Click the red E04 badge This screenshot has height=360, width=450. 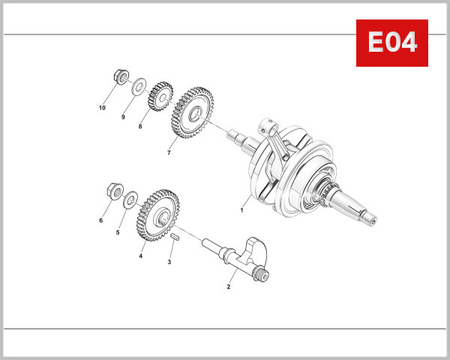pyautogui.click(x=391, y=43)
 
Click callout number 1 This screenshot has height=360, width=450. pyautogui.click(x=242, y=211)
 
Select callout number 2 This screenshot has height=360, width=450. pyautogui.click(x=229, y=286)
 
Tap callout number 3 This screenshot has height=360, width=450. pyautogui.click(x=169, y=262)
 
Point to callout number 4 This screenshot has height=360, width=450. pyautogui.click(x=140, y=256)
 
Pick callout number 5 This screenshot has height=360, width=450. pyautogui.click(x=118, y=233)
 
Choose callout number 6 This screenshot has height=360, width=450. pyautogui.click(x=100, y=220)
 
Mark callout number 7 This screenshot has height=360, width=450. pyautogui.click(x=169, y=153)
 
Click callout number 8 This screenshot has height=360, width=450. pyautogui.click(x=139, y=127)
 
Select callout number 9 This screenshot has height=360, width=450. pyautogui.click(x=123, y=117)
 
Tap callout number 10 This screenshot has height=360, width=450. pyautogui.click(x=102, y=108)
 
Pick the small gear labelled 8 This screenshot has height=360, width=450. pyautogui.click(x=160, y=96)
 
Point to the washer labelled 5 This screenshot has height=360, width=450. pyautogui.click(x=130, y=200)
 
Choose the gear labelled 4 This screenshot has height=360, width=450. pyautogui.click(x=158, y=214)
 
